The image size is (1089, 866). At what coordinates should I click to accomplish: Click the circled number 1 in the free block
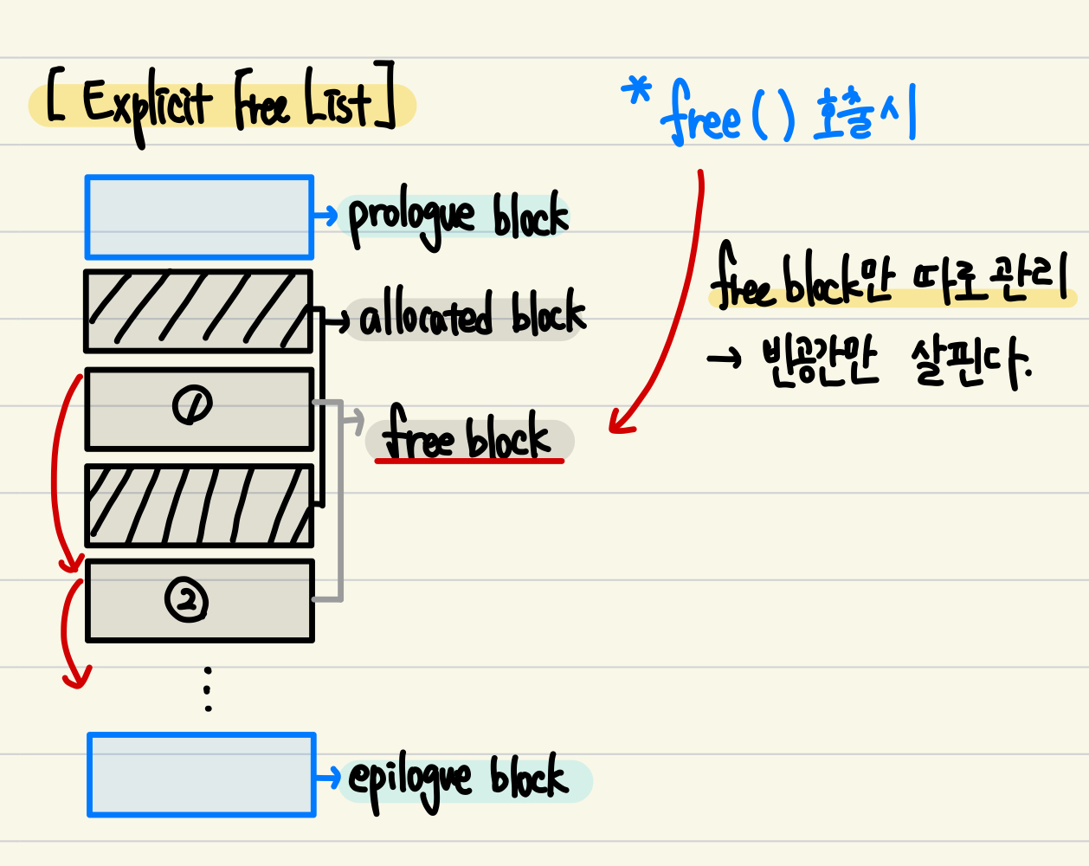(192, 405)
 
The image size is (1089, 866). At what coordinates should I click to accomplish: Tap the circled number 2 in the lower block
(187, 599)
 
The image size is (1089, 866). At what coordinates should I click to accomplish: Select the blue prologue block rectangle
(199, 217)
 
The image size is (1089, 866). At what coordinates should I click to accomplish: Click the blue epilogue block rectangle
(202, 775)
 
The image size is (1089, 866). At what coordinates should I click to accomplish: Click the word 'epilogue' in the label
(409, 780)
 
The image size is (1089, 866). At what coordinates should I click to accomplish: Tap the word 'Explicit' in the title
(145, 107)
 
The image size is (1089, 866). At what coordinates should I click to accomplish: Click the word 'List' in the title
(338, 105)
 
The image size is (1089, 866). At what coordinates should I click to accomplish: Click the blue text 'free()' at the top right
(726, 118)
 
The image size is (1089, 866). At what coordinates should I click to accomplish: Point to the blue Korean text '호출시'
(865, 115)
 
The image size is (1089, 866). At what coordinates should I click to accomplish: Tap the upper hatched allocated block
(198, 312)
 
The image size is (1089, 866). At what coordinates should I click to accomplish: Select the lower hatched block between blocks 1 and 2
(199, 506)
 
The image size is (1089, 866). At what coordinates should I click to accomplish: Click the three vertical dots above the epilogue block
(208, 688)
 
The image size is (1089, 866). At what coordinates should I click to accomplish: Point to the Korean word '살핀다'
(970, 362)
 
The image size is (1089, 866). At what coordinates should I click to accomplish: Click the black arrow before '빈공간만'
(724, 358)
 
